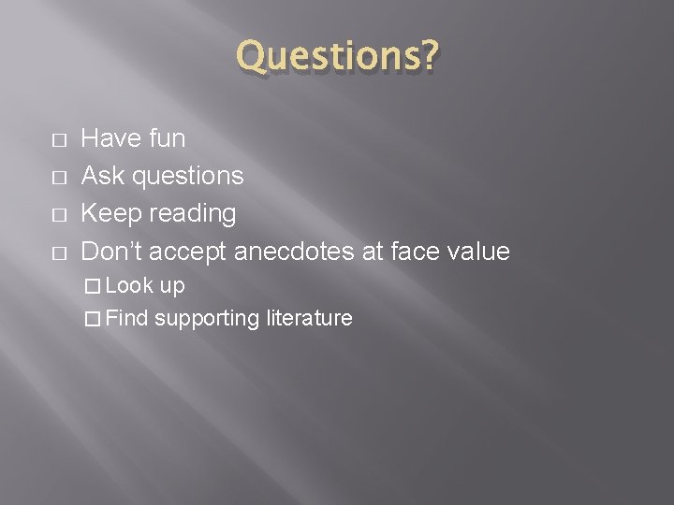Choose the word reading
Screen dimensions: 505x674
[189, 214]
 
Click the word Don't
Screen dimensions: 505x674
[112, 251]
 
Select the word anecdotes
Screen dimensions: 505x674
[288, 251]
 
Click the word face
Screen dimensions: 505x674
[404, 251]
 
